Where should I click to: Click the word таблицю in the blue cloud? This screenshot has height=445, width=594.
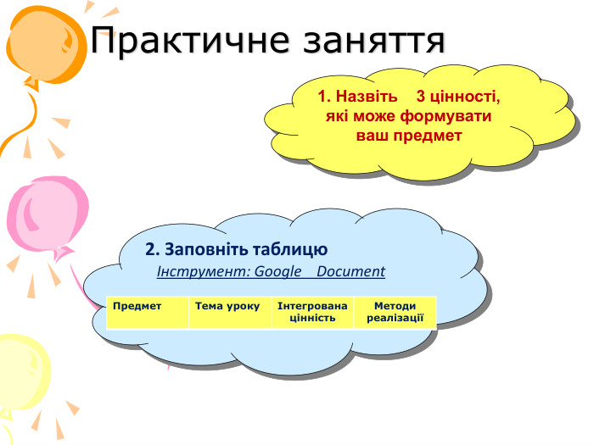290,250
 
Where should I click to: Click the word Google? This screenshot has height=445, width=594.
266,272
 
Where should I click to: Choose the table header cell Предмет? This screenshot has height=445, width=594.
146,312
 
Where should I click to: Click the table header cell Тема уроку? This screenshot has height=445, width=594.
227,312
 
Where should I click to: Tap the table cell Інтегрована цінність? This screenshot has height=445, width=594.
312,312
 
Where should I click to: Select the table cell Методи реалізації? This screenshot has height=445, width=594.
395,312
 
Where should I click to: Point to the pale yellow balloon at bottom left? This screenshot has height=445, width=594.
21,373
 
